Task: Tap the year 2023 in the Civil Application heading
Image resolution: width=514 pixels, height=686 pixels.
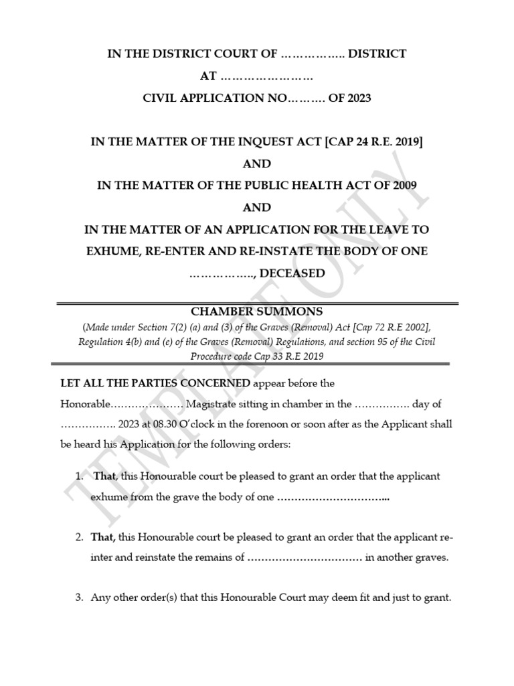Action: pyautogui.click(x=357, y=98)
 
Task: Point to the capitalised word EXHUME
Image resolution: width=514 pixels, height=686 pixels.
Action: pyautogui.click(x=111, y=251)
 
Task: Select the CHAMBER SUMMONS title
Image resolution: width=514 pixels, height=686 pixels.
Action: pyautogui.click(x=257, y=312)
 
